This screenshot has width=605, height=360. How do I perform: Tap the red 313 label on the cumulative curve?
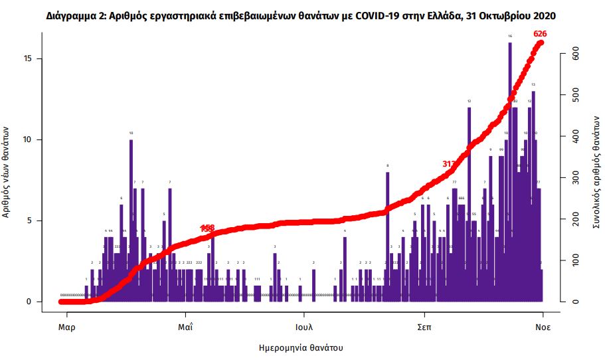click(x=450, y=163)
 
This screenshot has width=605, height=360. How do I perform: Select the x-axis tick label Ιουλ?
click(x=305, y=327)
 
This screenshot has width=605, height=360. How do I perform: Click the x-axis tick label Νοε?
click(x=543, y=327)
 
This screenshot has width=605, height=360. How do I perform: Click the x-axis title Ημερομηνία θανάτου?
click(x=302, y=347)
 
